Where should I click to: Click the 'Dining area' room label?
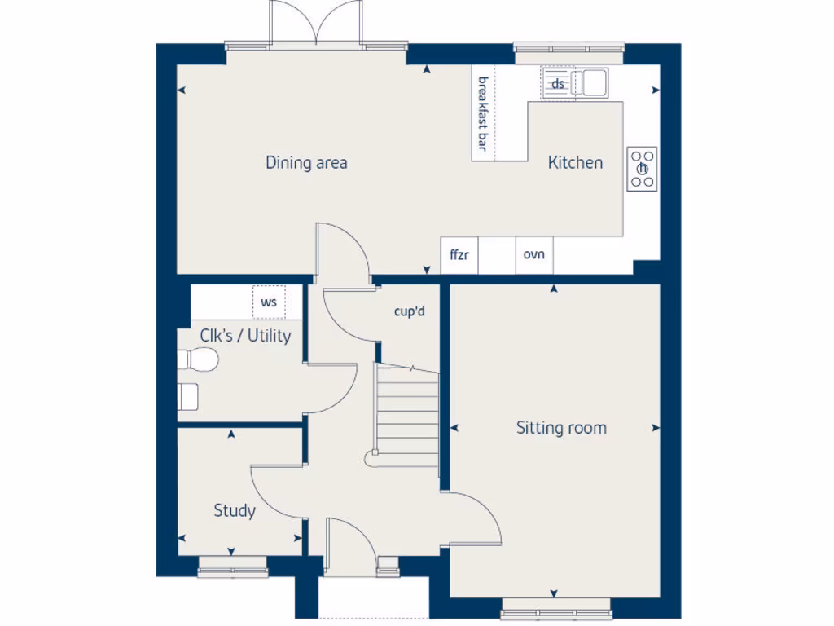tap(306, 163)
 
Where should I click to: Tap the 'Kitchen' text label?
tap(575, 163)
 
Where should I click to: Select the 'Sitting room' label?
tap(561, 428)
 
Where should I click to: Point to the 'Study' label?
tap(235, 511)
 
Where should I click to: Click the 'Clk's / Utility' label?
tap(245, 335)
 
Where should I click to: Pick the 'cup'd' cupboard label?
tap(410, 311)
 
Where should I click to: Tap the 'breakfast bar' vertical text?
tap(482, 114)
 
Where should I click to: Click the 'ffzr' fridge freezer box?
tap(459, 255)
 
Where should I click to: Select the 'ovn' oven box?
tap(533, 255)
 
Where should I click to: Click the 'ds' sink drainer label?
tap(559, 83)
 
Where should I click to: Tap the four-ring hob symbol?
tap(642, 169)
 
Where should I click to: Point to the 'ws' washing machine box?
tap(269, 302)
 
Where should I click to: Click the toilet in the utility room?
tap(198, 359)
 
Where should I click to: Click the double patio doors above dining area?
tap(317, 23)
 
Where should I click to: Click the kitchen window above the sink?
tap(569, 51)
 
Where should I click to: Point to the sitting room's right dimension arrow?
tap(656, 428)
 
